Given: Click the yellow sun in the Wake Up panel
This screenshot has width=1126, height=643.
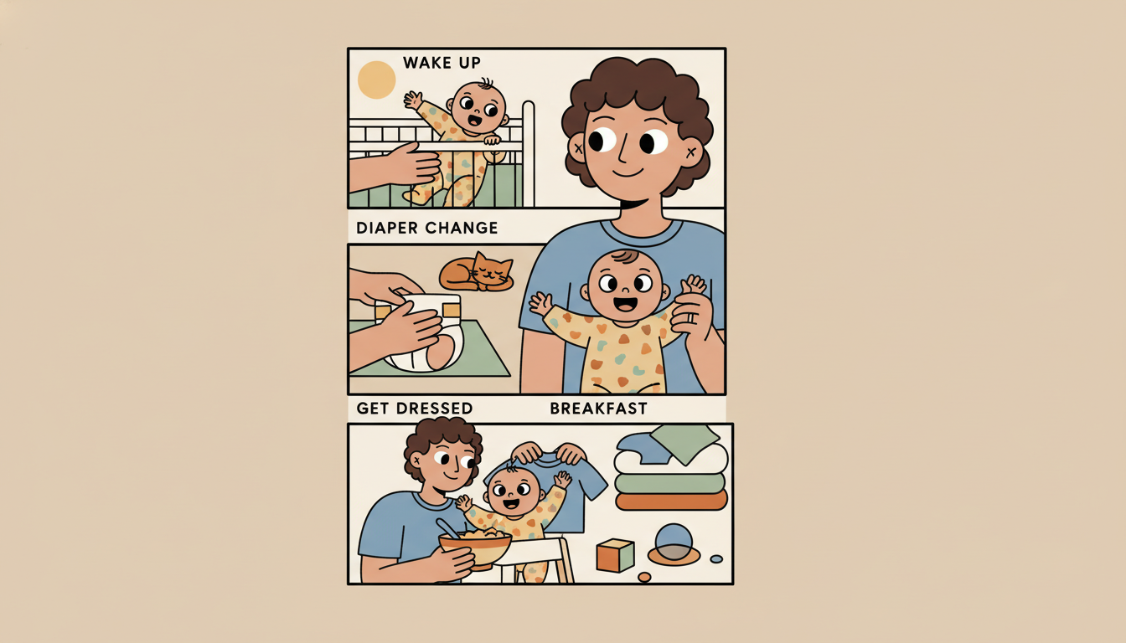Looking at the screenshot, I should [x=376, y=80].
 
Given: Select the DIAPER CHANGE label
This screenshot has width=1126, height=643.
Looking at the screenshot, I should [x=426, y=228].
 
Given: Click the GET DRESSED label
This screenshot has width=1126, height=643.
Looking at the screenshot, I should [x=414, y=409].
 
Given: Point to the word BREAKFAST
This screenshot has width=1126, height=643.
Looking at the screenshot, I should [x=598, y=409].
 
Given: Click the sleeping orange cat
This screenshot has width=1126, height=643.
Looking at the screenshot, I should [x=476, y=273].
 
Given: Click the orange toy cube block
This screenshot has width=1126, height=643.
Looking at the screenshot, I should [x=614, y=555].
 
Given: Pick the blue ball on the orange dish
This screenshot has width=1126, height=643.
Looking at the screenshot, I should [x=674, y=541].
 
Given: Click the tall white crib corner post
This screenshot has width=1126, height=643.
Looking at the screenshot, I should [x=528, y=155].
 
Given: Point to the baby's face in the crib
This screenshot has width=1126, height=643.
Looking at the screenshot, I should [x=476, y=109].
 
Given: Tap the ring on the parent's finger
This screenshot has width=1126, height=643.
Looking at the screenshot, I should [x=692, y=317].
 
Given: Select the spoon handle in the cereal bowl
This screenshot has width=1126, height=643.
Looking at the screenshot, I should [x=447, y=527].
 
